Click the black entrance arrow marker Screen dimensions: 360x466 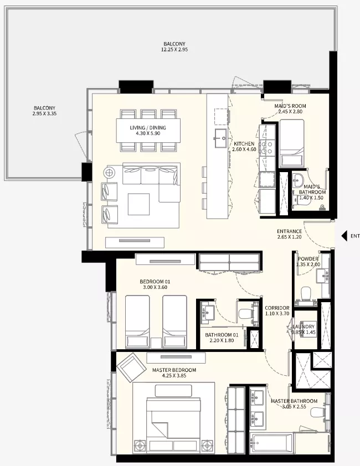[x=344, y=236]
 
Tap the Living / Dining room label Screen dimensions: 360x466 [x=148, y=128]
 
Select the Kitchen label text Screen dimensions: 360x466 [x=244, y=143]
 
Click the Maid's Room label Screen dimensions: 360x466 [x=290, y=106]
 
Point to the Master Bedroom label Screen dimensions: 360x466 [x=174, y=370]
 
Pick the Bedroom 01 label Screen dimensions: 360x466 [x=155, y=282]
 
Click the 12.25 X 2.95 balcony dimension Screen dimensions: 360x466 [x=174, y=50]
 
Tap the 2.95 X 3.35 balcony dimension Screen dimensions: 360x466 [x=45, y=113]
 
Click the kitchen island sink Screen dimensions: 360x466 [x=221, y=138]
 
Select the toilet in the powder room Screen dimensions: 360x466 [x=306, y=293]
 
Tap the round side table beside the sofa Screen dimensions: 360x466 [x=109, y=172]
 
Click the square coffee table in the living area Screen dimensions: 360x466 [x=138, y=204]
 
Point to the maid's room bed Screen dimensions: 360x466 [x=292, y=143]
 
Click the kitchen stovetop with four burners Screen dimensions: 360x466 [x=267, y=148]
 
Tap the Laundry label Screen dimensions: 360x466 [x=304, y=327]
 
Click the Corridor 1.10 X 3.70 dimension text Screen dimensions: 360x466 [x=277, y=314]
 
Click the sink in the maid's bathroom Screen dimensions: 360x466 [x=297, y=179]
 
